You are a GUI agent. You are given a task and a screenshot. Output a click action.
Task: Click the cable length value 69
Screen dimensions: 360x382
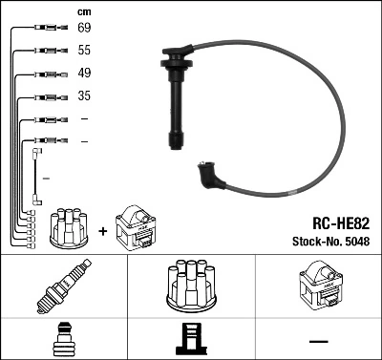click(x=85, y=29)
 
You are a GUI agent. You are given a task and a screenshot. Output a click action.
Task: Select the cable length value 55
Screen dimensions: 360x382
click(x=85, y=51)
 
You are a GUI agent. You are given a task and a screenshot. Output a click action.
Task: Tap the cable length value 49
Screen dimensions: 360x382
click(x=85, y=74)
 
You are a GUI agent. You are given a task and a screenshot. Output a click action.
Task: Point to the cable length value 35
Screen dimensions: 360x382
click(x=85, y=96)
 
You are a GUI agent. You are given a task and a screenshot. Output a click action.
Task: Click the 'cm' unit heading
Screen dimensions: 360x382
click(x=84, y=11)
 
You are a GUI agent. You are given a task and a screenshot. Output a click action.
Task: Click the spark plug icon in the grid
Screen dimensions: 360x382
click(x=64, y=286)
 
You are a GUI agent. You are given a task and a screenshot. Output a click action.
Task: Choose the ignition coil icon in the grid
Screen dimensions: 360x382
click(x=319, y=286)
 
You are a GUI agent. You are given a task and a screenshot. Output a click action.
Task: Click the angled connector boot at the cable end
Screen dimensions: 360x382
click(x=207, y=175)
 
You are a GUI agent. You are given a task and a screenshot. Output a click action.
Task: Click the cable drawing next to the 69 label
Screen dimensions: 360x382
click(x=47, y=29)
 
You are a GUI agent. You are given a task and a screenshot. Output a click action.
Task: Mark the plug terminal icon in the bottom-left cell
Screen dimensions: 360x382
click(x=64, y=340)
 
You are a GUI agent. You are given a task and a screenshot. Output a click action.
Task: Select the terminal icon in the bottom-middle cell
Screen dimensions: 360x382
click(x=190, y=340)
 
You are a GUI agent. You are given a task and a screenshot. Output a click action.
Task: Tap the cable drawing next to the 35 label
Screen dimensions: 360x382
click(x=47, y=96)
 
